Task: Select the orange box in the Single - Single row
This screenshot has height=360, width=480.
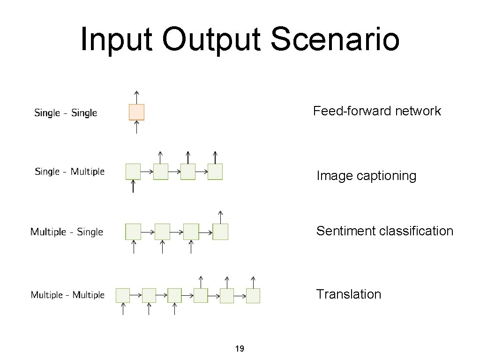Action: click(136, 112)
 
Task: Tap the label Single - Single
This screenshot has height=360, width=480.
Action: click(66, 113)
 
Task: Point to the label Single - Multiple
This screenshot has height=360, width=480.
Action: click(69, 172)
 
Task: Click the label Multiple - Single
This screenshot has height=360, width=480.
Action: click(67, 232)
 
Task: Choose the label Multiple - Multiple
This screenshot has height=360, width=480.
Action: click(67, 295)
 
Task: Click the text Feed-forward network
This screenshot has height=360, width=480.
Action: click(377, 111)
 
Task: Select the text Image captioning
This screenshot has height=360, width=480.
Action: click(366, 176)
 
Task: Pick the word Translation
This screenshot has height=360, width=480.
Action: click(348, 294)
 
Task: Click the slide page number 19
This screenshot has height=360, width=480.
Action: click(239, 349)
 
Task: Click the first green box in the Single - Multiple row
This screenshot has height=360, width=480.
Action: click(133, 172)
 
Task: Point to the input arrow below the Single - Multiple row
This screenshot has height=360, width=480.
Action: click(133, 187)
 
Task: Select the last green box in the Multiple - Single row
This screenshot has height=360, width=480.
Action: click(220, 232)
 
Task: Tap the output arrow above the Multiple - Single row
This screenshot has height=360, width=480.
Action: click(220, 216)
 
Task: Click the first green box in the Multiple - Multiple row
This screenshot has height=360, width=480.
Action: click(123, 295)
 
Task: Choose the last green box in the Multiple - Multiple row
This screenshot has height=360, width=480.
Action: click(253, 295)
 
